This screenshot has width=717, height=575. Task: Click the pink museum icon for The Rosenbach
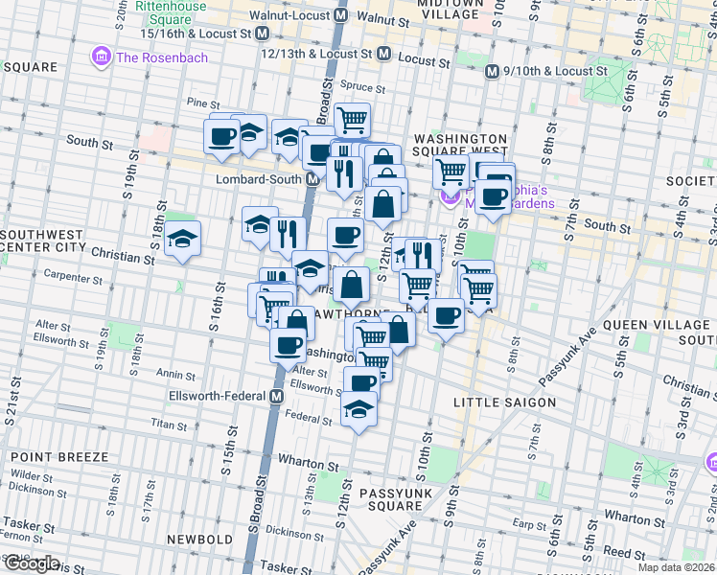[102, 57]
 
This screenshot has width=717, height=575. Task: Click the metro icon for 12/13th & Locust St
[383, 54]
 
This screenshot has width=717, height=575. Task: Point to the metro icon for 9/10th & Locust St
[491, 71]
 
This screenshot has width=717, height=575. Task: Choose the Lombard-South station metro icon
[312, 179]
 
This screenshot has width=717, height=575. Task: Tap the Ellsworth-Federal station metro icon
[277, 396]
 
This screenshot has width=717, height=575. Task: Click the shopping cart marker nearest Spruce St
[352, 119]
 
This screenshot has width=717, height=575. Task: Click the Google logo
[31, 563]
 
